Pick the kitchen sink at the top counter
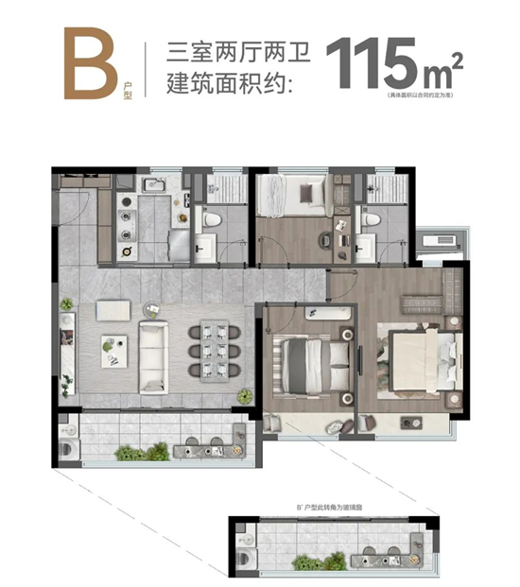point(154,184)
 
